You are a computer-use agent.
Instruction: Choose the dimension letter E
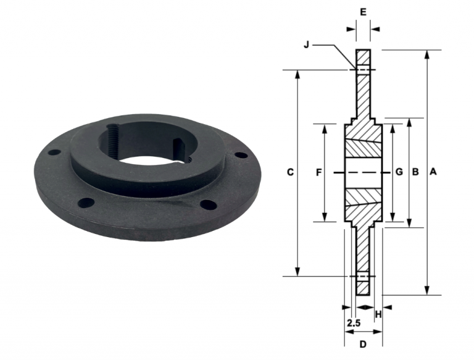[363, 12]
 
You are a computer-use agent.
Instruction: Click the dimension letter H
[378, 315]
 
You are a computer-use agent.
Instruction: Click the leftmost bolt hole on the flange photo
[55, 151]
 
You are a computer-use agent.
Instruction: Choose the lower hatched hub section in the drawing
[363, 204]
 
